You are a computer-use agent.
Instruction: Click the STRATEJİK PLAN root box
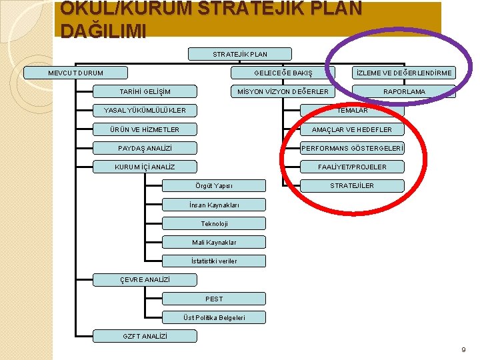click(x=240, y=54)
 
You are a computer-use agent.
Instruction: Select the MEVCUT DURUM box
click(x=76, y=73)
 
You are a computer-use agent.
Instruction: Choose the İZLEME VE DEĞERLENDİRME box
click(x=403, y=73)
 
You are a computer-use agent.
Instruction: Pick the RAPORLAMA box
click(x=403, y=91)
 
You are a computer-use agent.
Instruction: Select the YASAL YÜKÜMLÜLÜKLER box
click(x=145, y=110)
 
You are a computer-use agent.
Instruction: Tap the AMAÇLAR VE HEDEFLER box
click(x=352, y=129)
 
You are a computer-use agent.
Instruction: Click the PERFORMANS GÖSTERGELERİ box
click(x=352, y=148)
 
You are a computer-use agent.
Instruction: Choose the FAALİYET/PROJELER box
click(x=352, y=167)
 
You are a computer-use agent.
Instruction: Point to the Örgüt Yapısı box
click(x=214, y=185)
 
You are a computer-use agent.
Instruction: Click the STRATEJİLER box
click(x=352, y=185)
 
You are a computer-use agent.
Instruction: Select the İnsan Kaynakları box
click(x=214, y=205)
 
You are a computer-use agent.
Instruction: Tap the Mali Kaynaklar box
click(x=214, y=242)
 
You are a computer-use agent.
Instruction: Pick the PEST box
click(x=214, y=299)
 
